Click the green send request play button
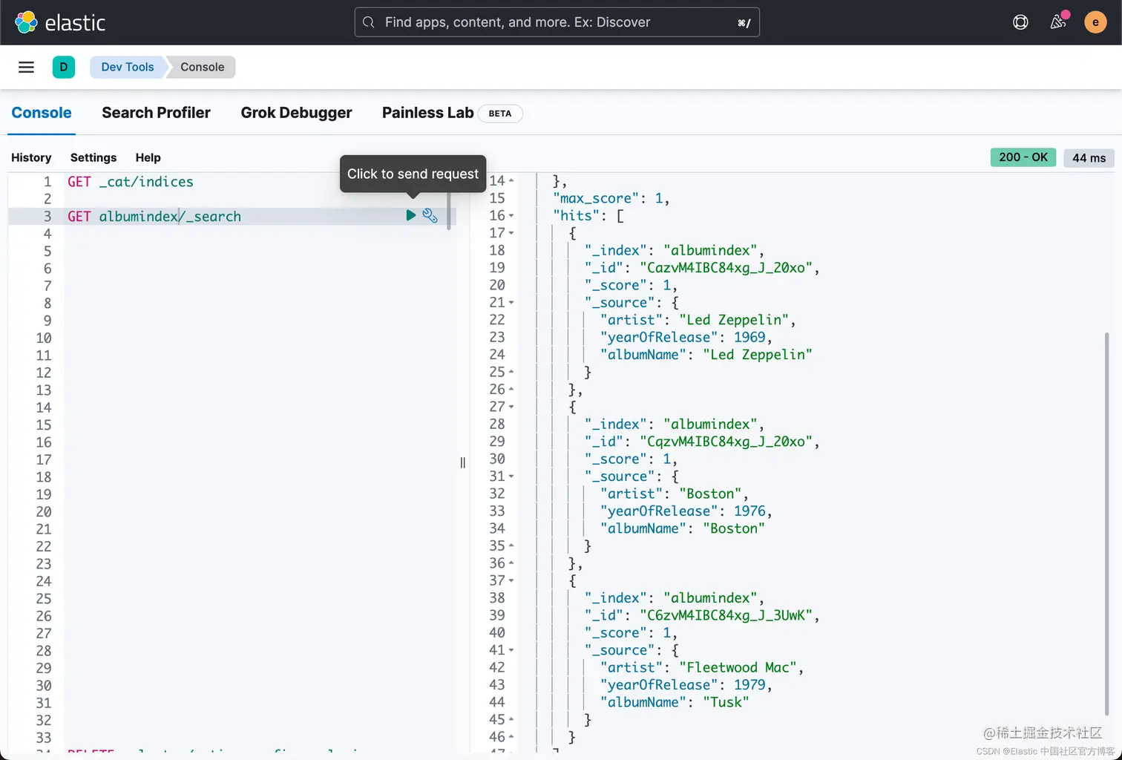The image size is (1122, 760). (x=410, y=215)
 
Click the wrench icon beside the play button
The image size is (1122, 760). (x=430, y=215)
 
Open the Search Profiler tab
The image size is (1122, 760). (x=156, y=113)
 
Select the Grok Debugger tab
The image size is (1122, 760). (x=296, y=113)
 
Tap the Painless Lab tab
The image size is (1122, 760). (x=427, y=113)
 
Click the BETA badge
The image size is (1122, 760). (x=500, y=114)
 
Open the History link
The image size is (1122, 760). (x=31, y=157)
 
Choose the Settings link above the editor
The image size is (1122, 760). (x=93, y=157)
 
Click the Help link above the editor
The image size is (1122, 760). (x=148, y=157)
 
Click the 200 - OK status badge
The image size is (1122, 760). (x=1023, y=157)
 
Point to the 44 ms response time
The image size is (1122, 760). (x=1089, y=158)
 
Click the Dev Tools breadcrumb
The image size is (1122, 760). (x=128, y=67)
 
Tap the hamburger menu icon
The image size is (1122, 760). (x=26, y=67)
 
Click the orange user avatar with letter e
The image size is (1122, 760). (x=1095, y=22)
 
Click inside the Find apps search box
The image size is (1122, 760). (x=557, y=22)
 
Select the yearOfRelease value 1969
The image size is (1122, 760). (x=749, y=337)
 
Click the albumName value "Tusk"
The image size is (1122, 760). (x=726, y=702)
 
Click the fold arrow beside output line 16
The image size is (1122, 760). (x=511, y=216)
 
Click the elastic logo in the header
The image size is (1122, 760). (x=60, y=22)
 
